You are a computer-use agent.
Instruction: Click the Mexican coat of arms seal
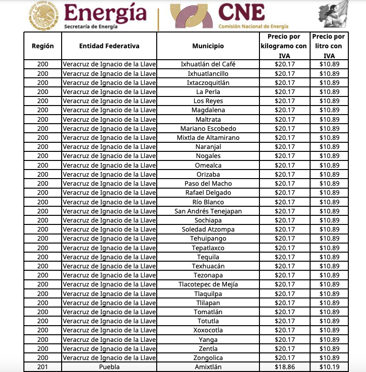click(43, 15)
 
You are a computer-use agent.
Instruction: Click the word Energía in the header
click(105, 13)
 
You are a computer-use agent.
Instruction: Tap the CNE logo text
click(241, 11)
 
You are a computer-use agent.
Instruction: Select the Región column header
click(43, 46)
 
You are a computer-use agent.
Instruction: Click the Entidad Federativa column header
click(109, 46)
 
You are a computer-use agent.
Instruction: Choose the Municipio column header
click(208, 46)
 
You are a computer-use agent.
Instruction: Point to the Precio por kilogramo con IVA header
click(284, 46)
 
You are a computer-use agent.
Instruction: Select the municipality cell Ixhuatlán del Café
click(208, 64)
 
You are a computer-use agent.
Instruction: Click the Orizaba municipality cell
click(208, 174)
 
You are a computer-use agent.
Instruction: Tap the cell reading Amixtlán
click(208, 367)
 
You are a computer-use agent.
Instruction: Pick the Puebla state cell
click(109, 367)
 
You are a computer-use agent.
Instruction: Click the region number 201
click(43, 367)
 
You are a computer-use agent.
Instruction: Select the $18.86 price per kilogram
click(284, 367)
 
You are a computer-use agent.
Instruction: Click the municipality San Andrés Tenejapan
click(208, 211)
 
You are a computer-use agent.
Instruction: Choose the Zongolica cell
click(208, 358)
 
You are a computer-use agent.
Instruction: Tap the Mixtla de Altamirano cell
click(208, 138)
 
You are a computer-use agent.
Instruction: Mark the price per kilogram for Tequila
click(284, 257)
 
